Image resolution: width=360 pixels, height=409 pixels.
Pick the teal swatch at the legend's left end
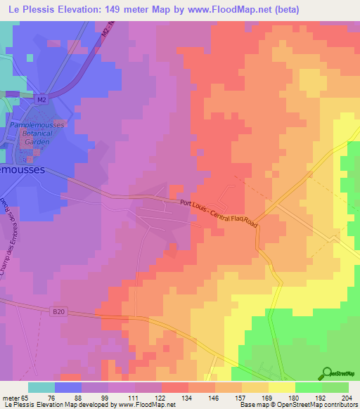tap(41, 387)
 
